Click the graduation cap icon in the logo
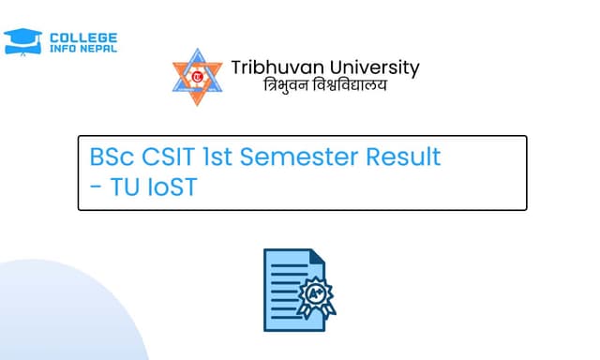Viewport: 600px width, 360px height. (22, 40)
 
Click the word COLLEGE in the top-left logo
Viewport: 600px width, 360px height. (82, 36)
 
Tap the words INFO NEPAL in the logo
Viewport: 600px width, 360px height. (82, 48)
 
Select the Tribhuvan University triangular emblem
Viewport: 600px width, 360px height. (197, 77)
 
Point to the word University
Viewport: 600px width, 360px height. (368, 67)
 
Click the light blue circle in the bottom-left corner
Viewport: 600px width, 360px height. (56, 319)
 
